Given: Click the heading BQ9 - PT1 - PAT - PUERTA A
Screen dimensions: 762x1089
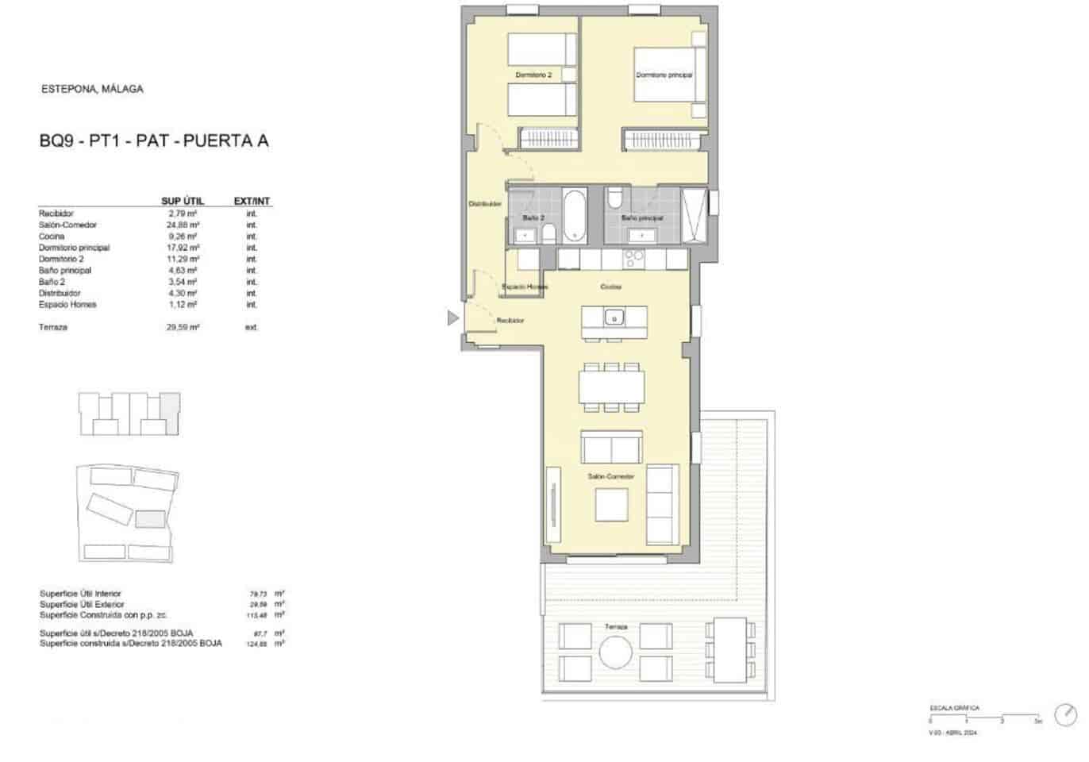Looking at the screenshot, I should click(x=154, y=141).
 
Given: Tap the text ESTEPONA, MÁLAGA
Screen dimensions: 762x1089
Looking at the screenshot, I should click(x=92, y=89).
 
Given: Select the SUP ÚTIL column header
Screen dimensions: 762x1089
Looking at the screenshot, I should click(x=182, y=201).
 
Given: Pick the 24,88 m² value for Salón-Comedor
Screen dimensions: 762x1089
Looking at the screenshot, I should click(x=183, y=225).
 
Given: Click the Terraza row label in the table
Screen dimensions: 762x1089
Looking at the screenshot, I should click(x=53, y=327).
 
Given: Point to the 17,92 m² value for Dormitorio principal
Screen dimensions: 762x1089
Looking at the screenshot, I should click(x=183, y=248).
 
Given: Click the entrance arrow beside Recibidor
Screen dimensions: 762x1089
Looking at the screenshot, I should click(x=452, y=318).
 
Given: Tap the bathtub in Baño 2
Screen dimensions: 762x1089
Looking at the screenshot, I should click(x=573, y=215).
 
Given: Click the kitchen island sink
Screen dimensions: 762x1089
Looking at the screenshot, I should click(x=614, y=318).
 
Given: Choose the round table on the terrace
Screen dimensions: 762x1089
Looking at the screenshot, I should click(x=615, y=653).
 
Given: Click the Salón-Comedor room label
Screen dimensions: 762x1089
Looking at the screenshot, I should click(x=610, y=476).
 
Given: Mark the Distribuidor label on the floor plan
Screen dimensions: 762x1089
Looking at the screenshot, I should click(x=484, y=204).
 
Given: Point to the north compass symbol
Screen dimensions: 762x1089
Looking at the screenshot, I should click(x=1064, y=714).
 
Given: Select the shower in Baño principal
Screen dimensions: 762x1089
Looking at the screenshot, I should click(x=694, y=215).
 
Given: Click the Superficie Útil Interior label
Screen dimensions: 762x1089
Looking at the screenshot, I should click(x=80, y=594).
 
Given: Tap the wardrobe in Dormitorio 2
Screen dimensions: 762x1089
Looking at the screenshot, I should click(x=546, y=138).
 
